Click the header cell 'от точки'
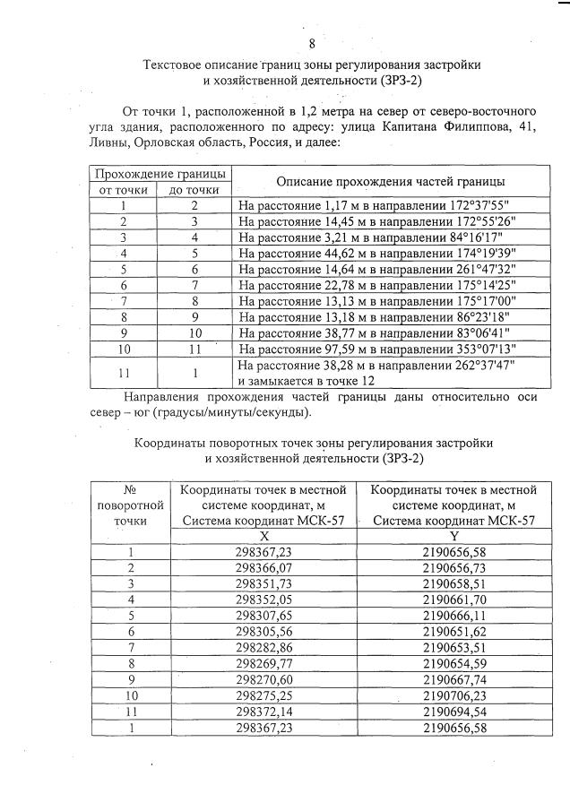[x=123, y=190]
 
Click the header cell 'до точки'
[x=194, y=190]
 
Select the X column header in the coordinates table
[x=266, y=534]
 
